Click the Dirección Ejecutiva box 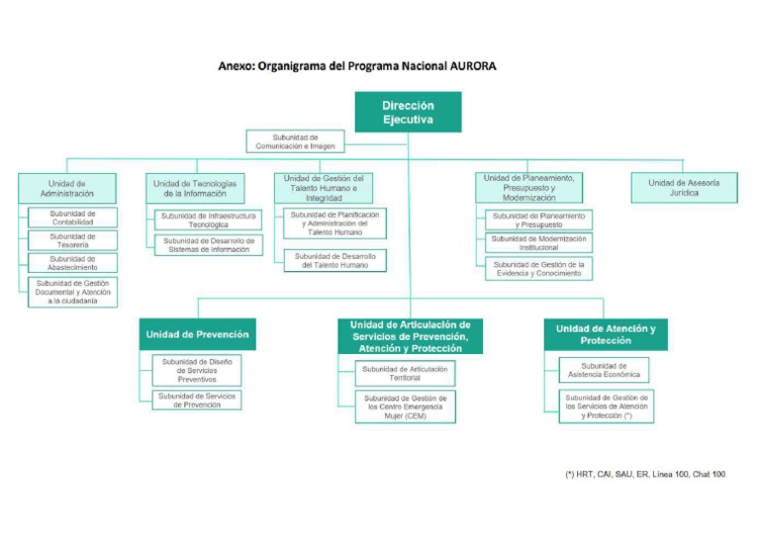click(408, 112)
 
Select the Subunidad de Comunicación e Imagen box click(295, 141)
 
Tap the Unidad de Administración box click(67, 188)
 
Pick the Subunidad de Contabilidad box click(73, 218)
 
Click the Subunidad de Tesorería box click(73, 240)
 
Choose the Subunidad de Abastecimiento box click(73, 263)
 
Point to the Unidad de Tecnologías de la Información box click(194, 188)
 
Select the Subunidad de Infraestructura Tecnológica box click(208, 220)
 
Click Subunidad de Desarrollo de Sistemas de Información click(208, 244)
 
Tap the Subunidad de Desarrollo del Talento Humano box click(333, 260)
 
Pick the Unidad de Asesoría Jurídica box click(684, 188)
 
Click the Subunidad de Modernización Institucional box click(538, 243)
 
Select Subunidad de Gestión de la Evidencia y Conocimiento click(538, 269)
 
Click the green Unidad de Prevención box click(198, 334)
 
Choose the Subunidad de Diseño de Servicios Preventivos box click(196, 371)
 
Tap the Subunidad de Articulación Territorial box click(405, 373)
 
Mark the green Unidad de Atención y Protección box click(605, 334)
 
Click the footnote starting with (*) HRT click(644, 474)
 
